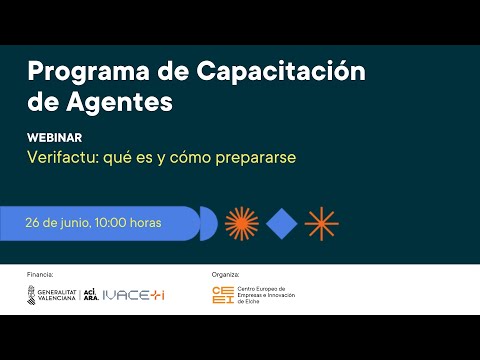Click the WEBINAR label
(x=54, y=138)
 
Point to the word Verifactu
(x=63, y=158)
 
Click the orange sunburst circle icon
(x=242, y=223)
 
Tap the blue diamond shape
(x=282, y=223)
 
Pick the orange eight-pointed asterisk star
(x=321, y=223)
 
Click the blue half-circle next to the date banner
(x=208, y=223)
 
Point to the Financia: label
(x=40, y=272)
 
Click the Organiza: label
(x=226, y=272)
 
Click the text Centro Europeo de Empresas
(x=271, y=291)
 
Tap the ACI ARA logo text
(x=90, y=295)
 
